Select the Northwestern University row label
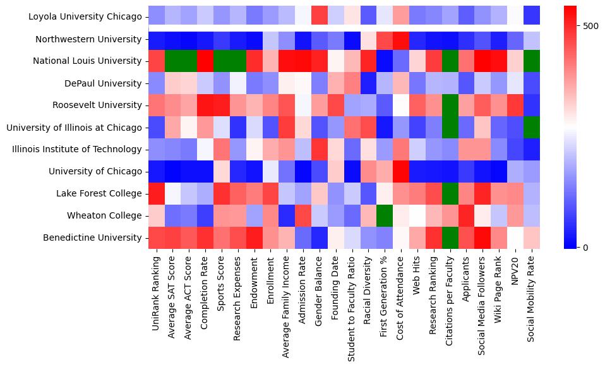pos(88,39)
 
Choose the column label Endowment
pos(255,279)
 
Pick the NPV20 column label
pos(515,268)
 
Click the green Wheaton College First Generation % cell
pos(384,215)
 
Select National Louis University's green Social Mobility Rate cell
pos(532,61)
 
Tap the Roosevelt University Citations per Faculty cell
pos(450,105)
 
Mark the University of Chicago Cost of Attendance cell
pos(400,171)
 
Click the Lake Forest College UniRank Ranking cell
pos(156,193)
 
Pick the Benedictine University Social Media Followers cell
pos(482,238)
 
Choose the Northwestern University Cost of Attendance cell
pos(400,39)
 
